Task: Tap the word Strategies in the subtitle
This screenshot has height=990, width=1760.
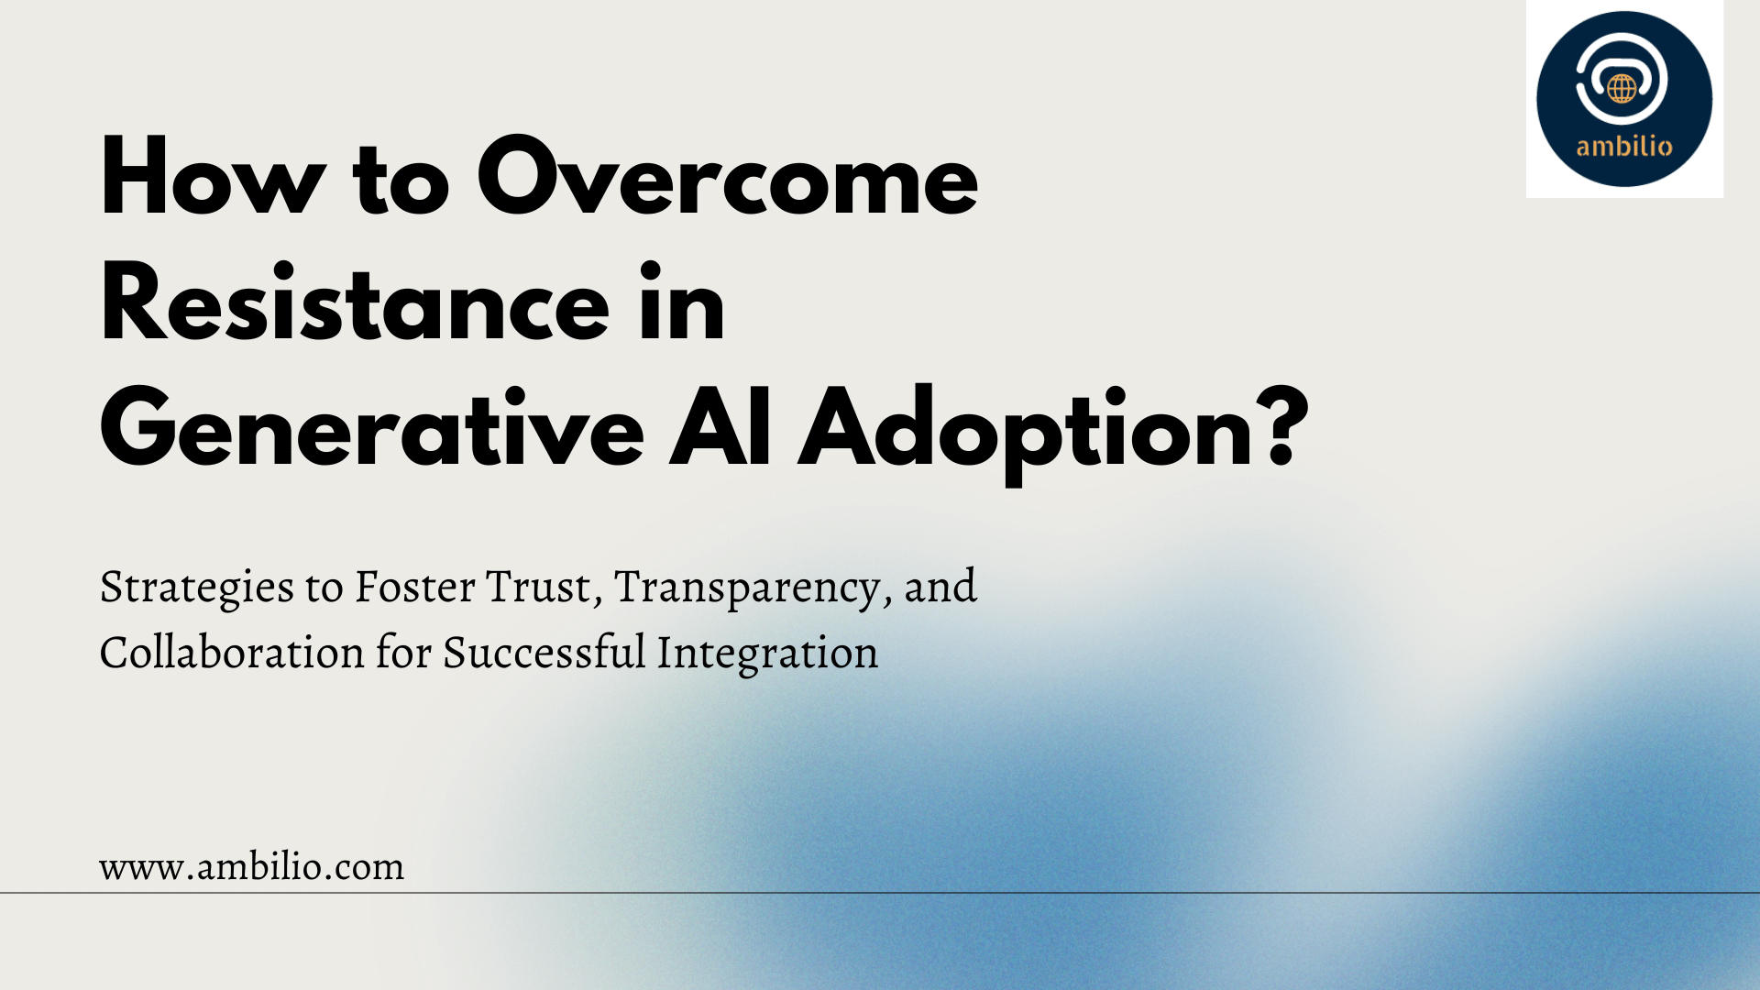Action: [197, 588]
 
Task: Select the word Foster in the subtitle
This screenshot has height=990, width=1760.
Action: [415, 587]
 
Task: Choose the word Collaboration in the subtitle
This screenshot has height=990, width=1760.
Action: [232, 653]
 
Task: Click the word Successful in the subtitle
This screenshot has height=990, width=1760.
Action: [544, 653]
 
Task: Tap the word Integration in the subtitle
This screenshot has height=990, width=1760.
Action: [767, 654]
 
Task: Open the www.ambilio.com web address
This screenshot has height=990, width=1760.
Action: [251, 866]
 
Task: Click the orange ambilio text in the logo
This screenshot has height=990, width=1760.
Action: [1624, 147]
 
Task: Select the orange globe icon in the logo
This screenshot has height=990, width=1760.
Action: [1622, 89]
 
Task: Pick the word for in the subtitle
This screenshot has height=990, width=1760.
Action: [403, 653]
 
